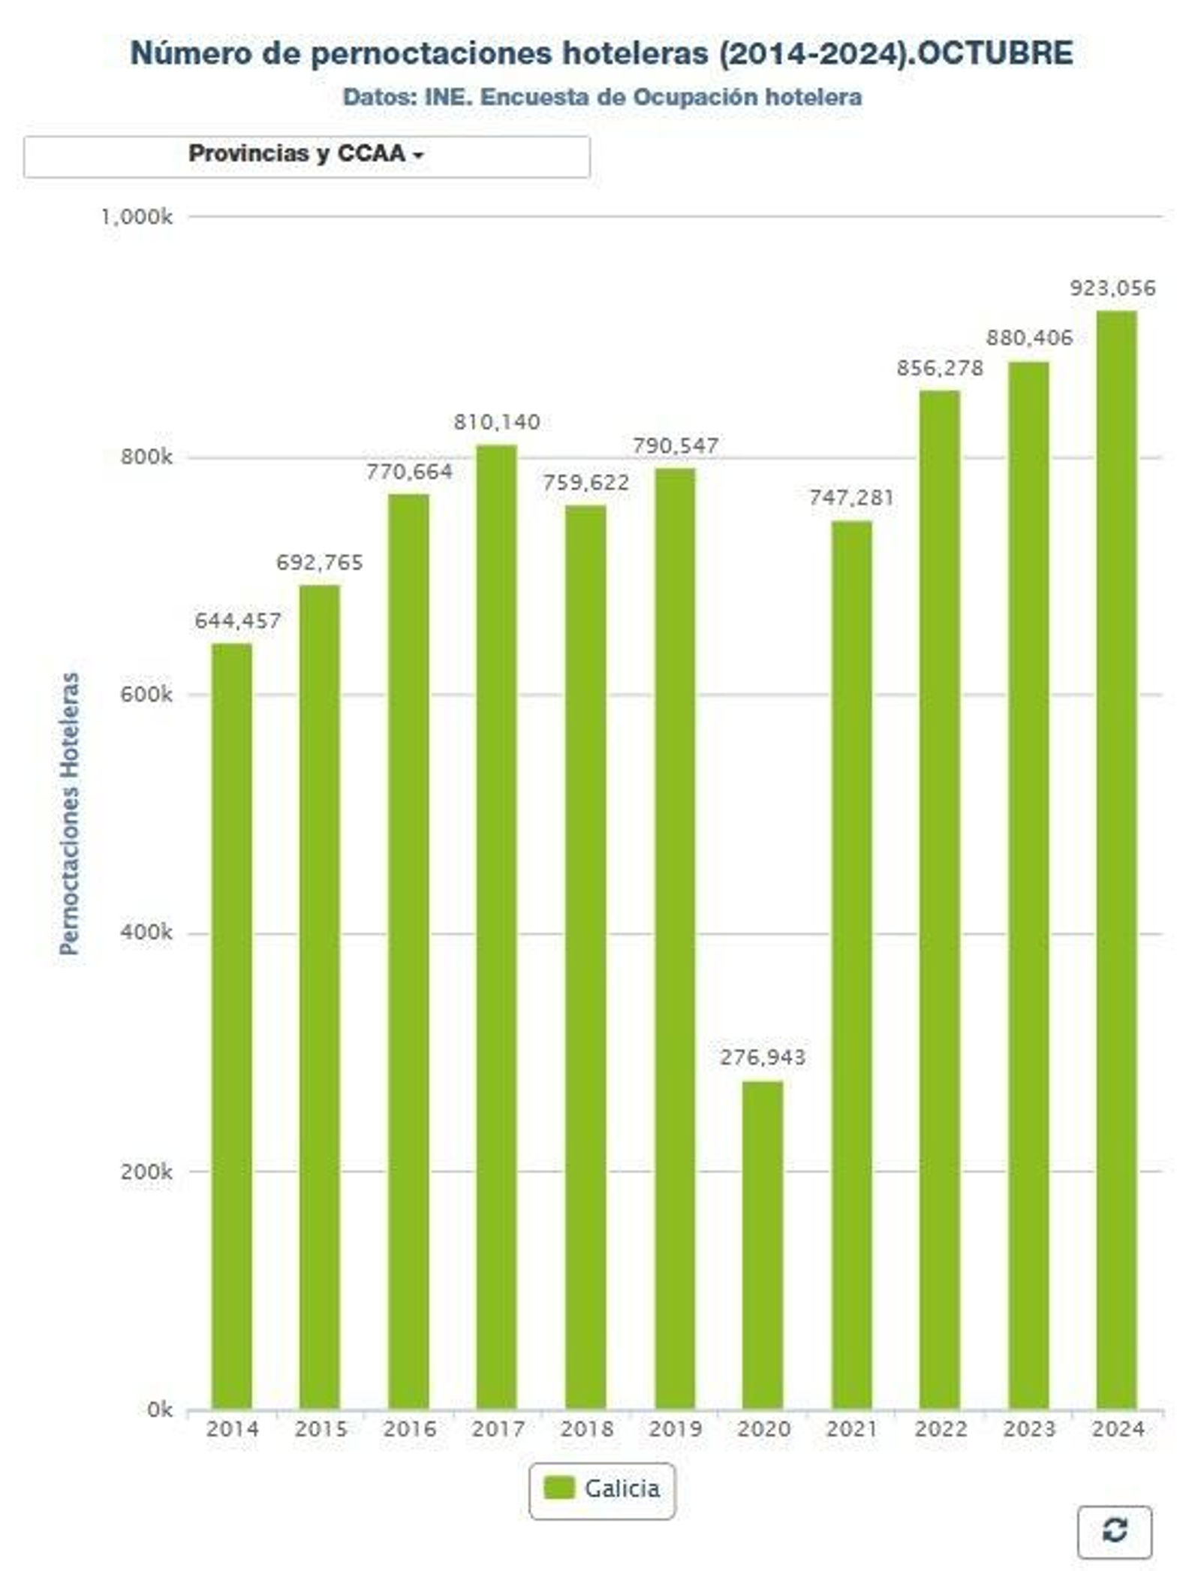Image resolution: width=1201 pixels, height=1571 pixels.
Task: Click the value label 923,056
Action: coord(1112,288)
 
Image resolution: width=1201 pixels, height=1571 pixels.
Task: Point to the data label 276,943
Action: coord(762,1057)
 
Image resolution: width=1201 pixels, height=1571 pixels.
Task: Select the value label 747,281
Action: coord(851,498)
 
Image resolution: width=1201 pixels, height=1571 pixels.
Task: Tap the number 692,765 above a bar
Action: coord(319,562)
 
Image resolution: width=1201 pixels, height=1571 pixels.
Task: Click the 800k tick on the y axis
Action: coord(146,457)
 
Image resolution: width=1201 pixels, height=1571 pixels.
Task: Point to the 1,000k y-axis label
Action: coord(137,217)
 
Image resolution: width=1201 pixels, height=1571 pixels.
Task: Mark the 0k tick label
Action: coord(159,1410)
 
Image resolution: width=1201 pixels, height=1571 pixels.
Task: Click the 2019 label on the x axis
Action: coord(675,1428)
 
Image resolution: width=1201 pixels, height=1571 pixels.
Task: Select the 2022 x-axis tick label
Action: coord(940,1428)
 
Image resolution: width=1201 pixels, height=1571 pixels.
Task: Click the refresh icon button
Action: coord(1114,1531)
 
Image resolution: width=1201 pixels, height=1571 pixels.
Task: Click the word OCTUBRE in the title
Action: coord(995,53)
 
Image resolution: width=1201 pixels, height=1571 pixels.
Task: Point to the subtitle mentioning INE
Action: coord(602,98)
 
